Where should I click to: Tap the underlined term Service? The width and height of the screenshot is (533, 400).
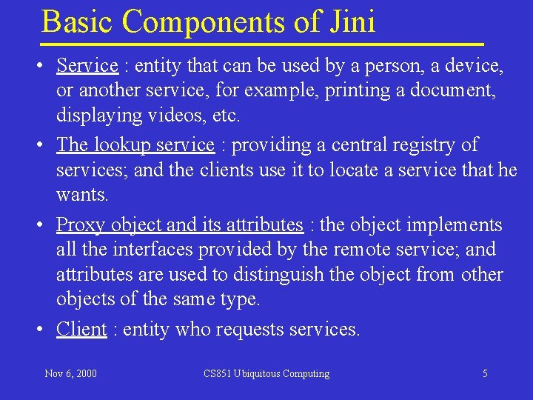(87, 66)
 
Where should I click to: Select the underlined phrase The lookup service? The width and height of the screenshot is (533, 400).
(135, 144)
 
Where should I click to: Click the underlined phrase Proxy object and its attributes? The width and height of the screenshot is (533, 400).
(180, 224)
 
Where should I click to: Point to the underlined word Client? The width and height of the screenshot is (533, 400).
(81, 329)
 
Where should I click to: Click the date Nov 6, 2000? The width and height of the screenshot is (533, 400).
(70, 374)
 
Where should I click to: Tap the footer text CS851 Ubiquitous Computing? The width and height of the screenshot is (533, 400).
(266, 374)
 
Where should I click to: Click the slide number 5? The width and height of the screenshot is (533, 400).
(485, 374)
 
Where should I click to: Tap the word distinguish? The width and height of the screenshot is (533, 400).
(279, 275)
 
